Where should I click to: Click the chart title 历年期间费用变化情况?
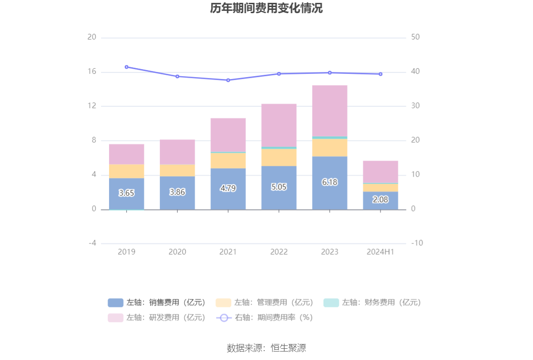[x=266, y=9]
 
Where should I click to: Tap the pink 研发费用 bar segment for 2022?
[x=279, y=125]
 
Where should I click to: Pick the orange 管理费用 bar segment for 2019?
[x=126, y=171]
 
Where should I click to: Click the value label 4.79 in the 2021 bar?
[x=228, y=188]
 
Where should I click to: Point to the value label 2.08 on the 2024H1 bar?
[x=380, y=200]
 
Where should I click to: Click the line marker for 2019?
[x=126, y=67]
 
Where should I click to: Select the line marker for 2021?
[x=228, y=80]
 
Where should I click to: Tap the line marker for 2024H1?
[x=380, y=74]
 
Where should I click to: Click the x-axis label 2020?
[x=177, y=252]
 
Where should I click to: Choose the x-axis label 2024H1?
[x=380, y=252]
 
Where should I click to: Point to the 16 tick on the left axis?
[x=92, y=72]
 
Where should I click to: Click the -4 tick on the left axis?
[x=92, y=243]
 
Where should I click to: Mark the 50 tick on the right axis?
[x=415, y=38]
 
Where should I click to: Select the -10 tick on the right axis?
[x=417, y=243]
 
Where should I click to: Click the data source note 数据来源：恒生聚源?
[x=266, y=348]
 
